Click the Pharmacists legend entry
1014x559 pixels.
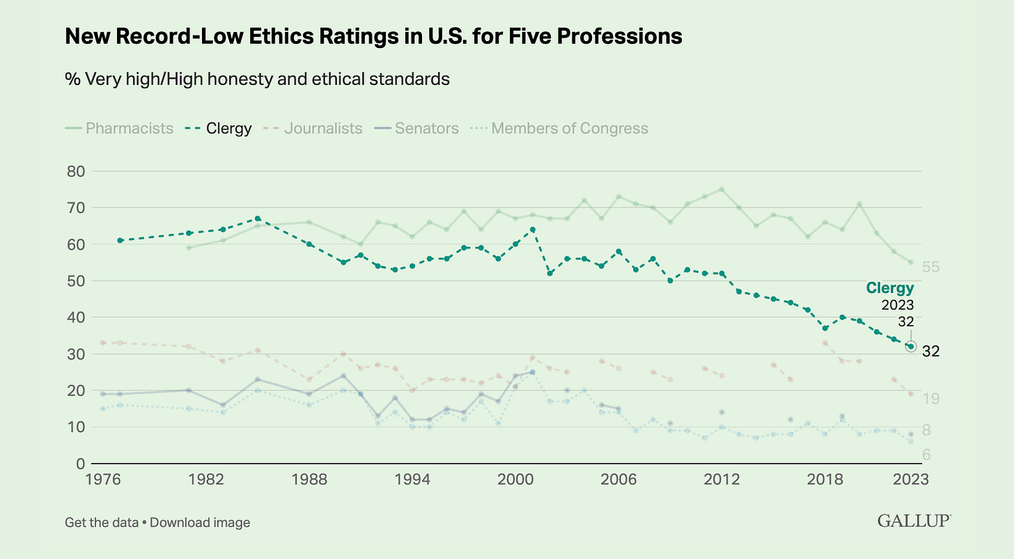click(119, 129)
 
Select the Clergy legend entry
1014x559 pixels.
click(219, 129)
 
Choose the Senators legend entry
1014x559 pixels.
click(415, 129)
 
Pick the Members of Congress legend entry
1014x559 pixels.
click(559, 129)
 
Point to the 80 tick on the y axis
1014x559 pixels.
click(76, 171)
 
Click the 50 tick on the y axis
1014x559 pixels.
click(76, 281)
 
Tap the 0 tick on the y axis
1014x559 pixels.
click(80, 464)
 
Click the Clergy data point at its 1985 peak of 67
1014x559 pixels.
click(258, 219)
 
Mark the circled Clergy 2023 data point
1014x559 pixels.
click(910, 346)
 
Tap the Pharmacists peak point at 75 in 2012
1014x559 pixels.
click(721, 189)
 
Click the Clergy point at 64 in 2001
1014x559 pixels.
click(533, 230)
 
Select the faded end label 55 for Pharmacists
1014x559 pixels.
click(931, 267)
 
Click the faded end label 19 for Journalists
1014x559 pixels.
click(931, 398)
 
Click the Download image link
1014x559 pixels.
click(200, 522)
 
